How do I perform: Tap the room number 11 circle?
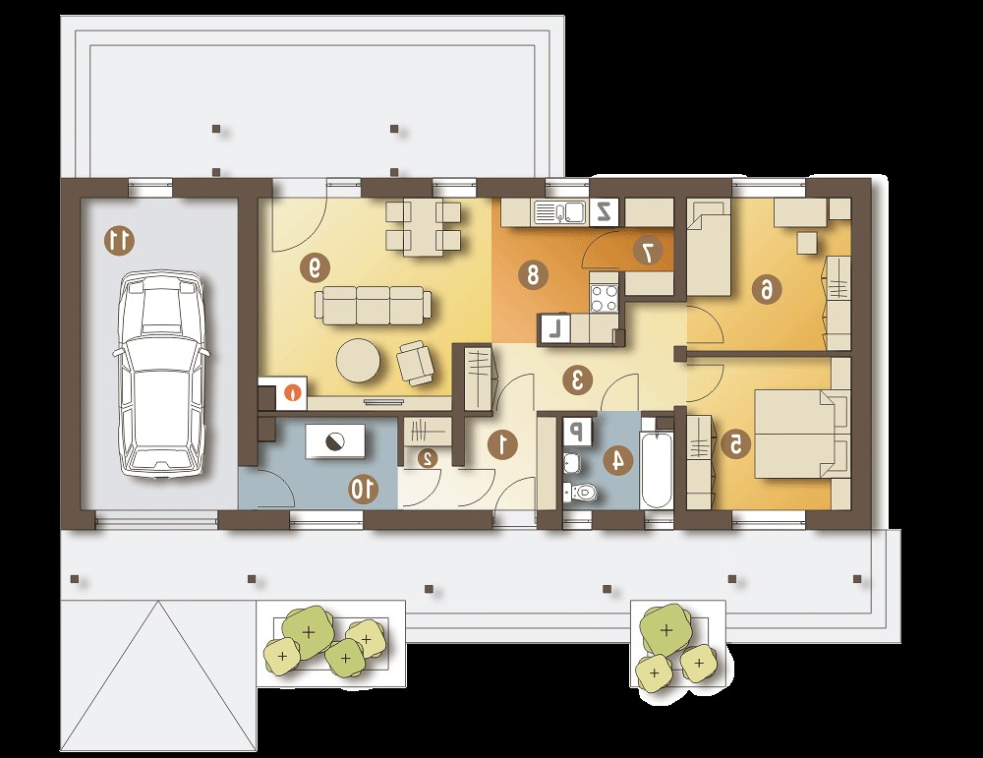click(x=119, y=241)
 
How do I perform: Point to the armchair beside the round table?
click(x=415, y=363)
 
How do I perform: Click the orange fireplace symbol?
click(x=292, y=393)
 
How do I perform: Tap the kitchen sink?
click(x=558, y=212)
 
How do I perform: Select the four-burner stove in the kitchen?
click(x=605, y=297)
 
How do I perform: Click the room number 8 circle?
click(x=532, y=274)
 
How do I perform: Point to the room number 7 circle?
click(x=648, y=252)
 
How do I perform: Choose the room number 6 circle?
click(x=767, y=290)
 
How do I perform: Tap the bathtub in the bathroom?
click(x=657, y=468)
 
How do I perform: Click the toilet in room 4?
click(x=580, y=493)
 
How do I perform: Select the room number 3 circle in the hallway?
click(x=577, y=379)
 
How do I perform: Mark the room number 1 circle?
click(x=502, y=444)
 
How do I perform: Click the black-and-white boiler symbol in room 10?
click(x=335, y=441)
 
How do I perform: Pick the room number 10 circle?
click(x=364, y=489)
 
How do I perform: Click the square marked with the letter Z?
click(x=605, y=212)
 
